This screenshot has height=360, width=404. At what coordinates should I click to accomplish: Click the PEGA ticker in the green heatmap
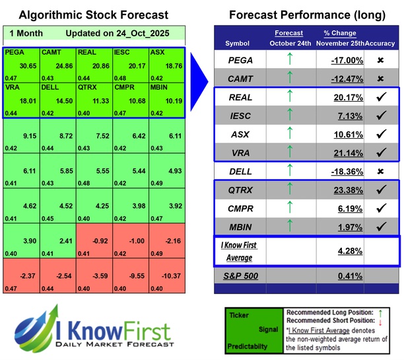tap(15, 52)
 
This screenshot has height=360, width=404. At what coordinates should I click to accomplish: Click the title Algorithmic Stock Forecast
tap(93, 15)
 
